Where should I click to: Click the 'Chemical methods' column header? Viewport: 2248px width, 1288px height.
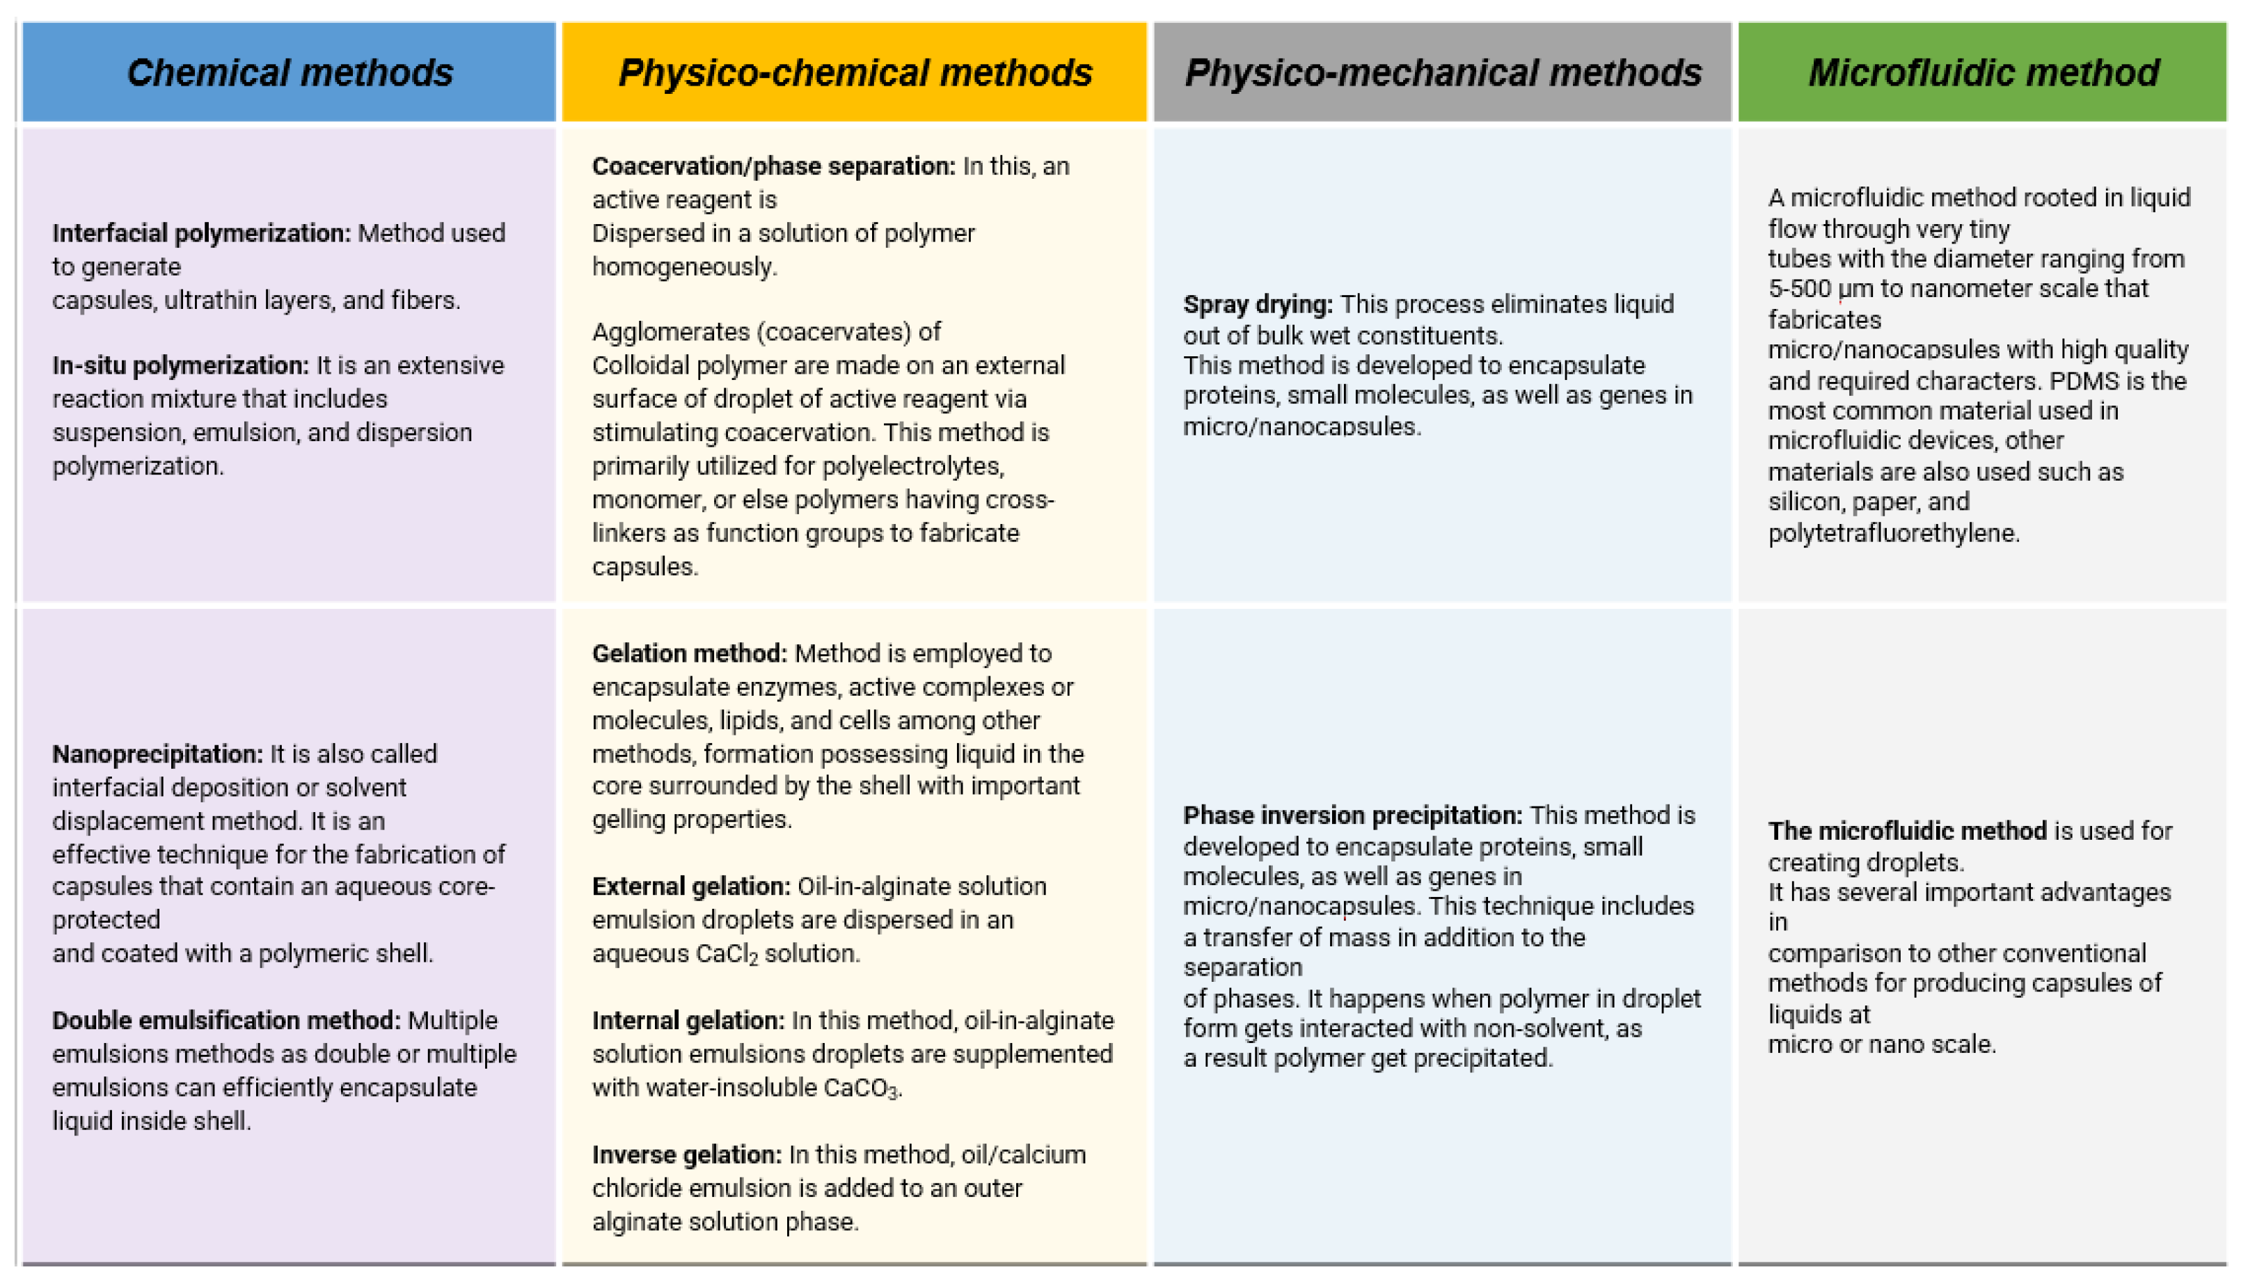coord(290,72)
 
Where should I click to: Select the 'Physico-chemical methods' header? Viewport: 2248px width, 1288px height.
coord(855,72)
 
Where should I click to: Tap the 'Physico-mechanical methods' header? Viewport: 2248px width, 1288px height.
coord(1442,72)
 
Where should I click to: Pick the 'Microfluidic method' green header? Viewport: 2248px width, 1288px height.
coord(1983,72)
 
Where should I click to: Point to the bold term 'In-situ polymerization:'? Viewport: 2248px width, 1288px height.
coord(180,365)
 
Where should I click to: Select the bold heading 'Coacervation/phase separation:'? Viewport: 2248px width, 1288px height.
coord(773,166)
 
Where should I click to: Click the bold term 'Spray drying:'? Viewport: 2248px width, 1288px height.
coord(1257,304)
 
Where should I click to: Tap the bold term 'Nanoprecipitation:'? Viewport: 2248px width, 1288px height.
coord(157,754)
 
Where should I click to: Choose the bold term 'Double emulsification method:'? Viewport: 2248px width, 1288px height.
coord(226,1021)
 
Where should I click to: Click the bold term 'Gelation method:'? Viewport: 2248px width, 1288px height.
coord(689,653)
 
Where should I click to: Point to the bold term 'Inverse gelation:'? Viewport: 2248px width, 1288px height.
coord(686,1155)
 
